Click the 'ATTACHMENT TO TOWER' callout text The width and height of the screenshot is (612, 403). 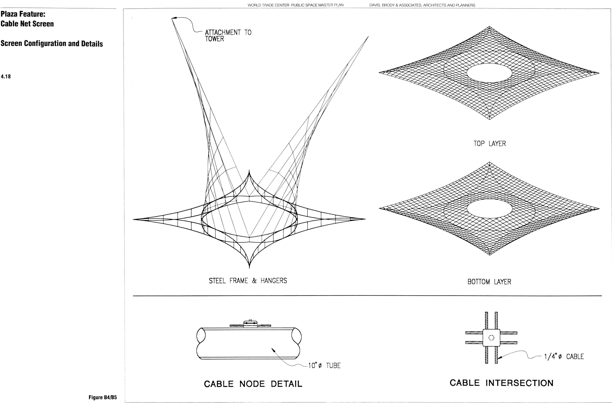228,36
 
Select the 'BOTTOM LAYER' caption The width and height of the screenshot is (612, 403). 489,282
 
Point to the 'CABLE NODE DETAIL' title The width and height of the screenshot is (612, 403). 253,384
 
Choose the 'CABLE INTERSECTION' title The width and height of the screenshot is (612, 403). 501,383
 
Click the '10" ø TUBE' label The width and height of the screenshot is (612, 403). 324,365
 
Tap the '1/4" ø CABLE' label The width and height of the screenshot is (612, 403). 564,357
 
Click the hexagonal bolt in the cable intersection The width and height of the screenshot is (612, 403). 491,338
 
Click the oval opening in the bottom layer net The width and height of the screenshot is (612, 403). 489,209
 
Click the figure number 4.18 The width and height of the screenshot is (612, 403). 6,76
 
